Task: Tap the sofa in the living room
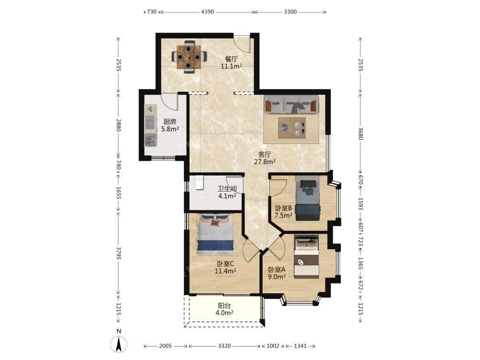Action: [x=290, y=105]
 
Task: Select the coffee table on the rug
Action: [x=292, y=128]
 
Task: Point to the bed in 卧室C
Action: [x=216, y=235]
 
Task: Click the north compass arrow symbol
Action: [x=119, y=344]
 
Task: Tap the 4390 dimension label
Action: [x=207, y=12]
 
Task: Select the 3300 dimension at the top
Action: [x=290, y=12]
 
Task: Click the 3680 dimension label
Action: [x=360, y=133]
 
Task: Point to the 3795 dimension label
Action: [x=119, y=253]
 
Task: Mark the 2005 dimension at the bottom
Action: [x=165, y=346]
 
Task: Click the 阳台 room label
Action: [x=224, y=306]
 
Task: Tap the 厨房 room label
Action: [x=170, y=122]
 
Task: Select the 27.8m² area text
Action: [x=264, y=162]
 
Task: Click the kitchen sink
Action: [x=150, y=141]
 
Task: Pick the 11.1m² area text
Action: [x=231, y=66]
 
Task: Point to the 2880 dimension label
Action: [x=119, y=125]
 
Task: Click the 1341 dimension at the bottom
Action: [x=300, y=346]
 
